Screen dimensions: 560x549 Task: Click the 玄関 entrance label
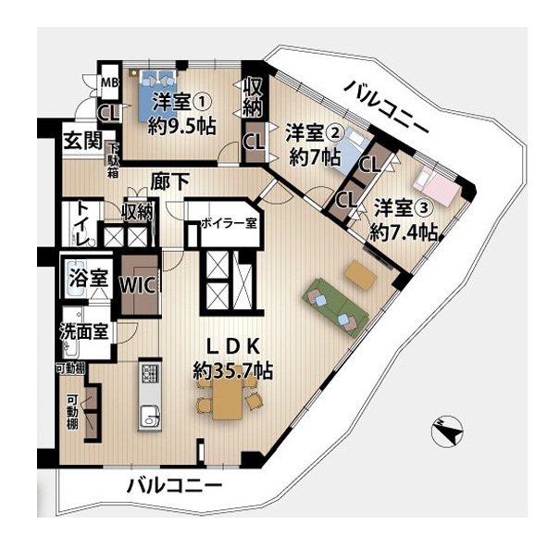click(83, 141)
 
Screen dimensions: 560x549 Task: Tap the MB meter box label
click(109, 83)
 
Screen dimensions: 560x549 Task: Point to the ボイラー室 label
click(229, 223)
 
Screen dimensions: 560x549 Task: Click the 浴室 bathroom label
click(89, 278)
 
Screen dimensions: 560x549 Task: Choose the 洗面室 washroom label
click(84, 331)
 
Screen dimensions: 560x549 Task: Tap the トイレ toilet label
click(82, 224)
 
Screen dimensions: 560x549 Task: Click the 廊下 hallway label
click(169, 181)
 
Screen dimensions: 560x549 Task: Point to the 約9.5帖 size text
click(181, 125)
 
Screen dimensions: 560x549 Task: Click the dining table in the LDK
click(227, 397)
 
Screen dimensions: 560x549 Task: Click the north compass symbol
click(447, 431)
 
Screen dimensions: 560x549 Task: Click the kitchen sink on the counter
click(150, 416)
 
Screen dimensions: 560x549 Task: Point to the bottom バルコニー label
click(175, 485)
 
